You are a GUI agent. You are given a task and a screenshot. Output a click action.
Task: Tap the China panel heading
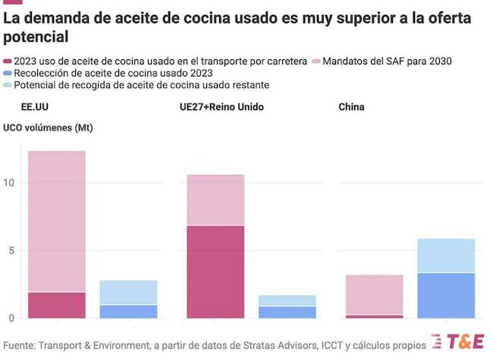point(351,107)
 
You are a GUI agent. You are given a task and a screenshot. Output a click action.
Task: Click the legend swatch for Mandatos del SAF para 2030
point(316,61)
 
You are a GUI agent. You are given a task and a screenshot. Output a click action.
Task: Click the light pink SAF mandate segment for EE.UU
point(57,220)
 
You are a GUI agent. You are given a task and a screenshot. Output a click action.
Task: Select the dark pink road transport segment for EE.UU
point(57,305)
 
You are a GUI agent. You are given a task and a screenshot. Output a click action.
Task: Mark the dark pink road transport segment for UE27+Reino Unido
point(216,271)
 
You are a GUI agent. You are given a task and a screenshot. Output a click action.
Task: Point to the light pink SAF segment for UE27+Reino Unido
point(216,200)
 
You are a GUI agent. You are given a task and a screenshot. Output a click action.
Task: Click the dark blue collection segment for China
point(446,296)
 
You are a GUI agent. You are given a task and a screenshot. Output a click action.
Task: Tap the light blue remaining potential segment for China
point(446,255)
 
